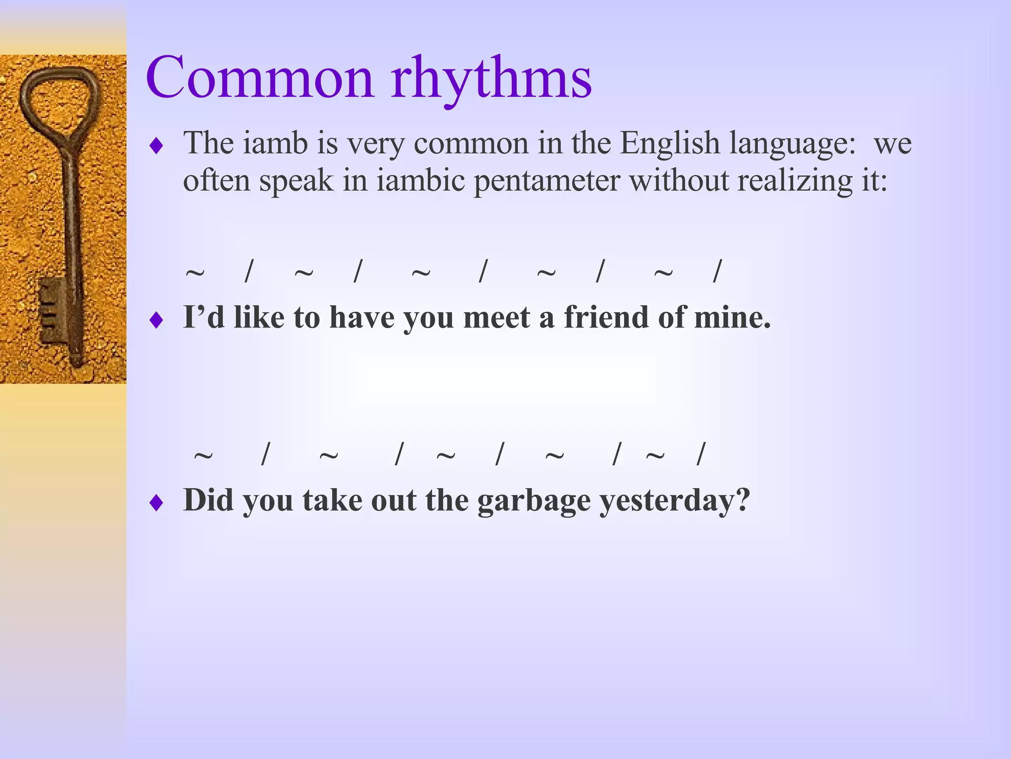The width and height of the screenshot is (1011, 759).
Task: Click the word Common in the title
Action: pyautogui.click(x=259, y=78)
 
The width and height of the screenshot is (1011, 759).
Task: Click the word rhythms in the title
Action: pyautogui.click(x=491, y=79)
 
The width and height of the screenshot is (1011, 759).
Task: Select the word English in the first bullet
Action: pyautogui.click(x=670, y=143)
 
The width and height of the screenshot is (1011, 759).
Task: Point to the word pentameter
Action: pyautogui.click(x=546, y=181)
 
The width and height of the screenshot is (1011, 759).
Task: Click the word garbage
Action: pyautogui.click(x=534, y=501)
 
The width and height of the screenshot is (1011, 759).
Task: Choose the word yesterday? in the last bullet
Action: pyautogui.click(x=674, y=501)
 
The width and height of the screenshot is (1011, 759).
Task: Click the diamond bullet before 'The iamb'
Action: pyautogui.click(x=156, y=146)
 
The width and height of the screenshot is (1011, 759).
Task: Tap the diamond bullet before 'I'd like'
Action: pyautogui.click(x=156, y=321)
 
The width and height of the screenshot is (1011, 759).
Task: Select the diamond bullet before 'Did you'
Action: pyautogui.click(x=156, y=504)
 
